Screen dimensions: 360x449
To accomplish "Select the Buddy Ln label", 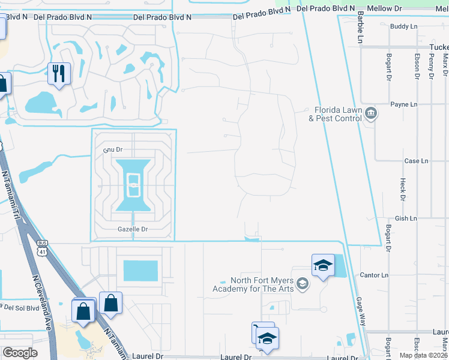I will tap(403, 26).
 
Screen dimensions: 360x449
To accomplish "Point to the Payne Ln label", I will tap(403, 104).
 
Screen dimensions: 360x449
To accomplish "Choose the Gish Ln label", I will tap(406, 219).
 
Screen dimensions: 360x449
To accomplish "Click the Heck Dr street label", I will tap(402, 190).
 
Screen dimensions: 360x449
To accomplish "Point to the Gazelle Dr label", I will tap(133, 229).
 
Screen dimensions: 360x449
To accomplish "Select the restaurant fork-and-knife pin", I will tap(59, 74).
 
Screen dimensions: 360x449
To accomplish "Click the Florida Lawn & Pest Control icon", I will tap(370, 113).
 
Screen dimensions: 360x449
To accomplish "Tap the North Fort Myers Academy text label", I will tap(253, 285).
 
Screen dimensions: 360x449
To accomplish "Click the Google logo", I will tap(20, 353).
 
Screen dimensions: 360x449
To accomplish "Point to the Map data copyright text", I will tap(424, 355).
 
